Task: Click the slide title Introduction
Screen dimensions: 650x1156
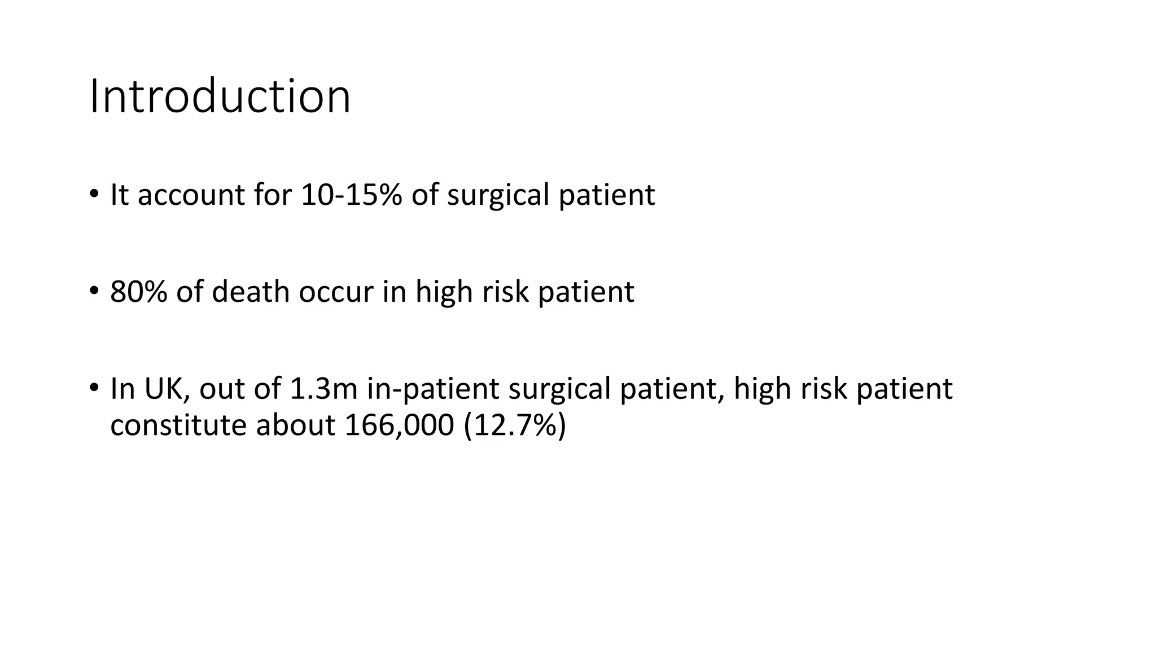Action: [x=220, y=97]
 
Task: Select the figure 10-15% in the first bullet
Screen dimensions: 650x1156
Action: [x=352, y=195]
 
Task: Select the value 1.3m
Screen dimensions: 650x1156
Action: [x=324, y=389]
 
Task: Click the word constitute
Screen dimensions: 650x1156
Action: [x=178, y=425]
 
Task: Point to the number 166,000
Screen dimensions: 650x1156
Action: [x=399, y=425]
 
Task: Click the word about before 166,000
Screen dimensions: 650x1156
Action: [x=296, y=425]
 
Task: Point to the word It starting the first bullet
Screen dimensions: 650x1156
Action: [x=119, y=195]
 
